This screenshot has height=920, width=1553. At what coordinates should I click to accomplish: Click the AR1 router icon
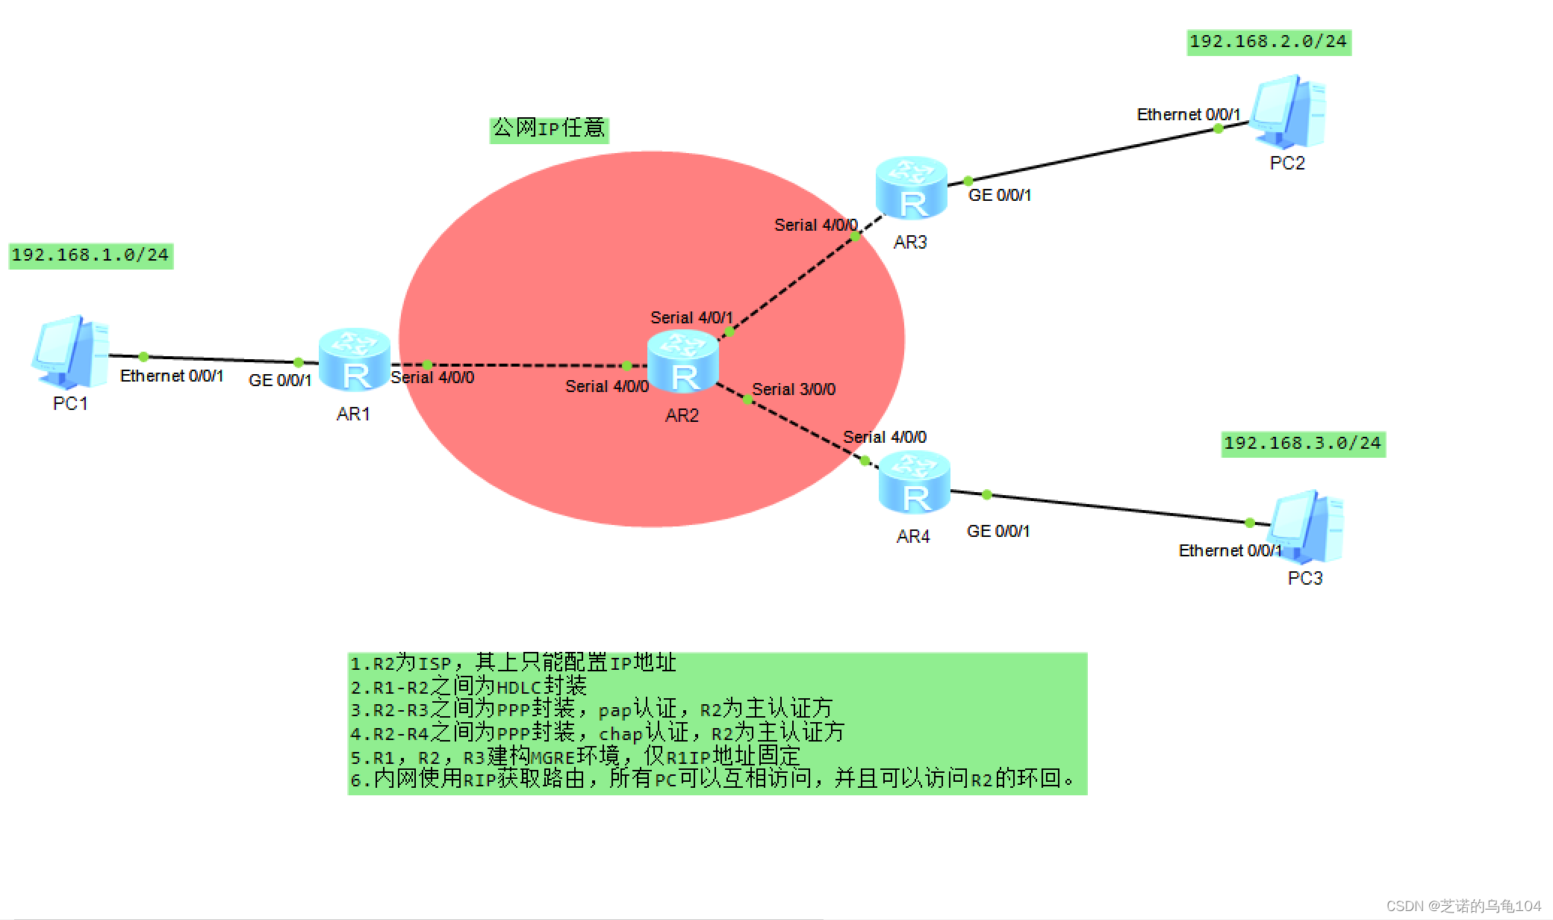click(355, 359)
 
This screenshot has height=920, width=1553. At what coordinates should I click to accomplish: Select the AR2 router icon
click(683, 362)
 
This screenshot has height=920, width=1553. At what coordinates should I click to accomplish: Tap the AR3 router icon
click(912, 187)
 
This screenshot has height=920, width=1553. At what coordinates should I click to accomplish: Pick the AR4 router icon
click(915, 482)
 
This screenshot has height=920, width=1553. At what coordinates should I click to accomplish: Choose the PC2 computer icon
click(1289, 112)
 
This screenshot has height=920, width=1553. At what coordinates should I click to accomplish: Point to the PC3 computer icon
click(1307, 526)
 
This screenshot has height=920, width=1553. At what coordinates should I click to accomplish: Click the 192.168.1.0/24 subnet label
click(90, 255)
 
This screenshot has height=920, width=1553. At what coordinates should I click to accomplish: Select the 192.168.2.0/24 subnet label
click(1269, 42)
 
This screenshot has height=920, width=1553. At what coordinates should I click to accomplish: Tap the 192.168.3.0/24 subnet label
click(1303, 444)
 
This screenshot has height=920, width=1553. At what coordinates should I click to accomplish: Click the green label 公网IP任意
click(549, 129)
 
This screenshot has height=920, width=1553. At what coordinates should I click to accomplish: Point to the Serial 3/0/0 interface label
click(794, 389)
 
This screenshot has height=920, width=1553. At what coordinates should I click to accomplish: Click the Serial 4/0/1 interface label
click(691, 317)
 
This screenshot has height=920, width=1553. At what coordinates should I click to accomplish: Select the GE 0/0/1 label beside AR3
click(1000, 195)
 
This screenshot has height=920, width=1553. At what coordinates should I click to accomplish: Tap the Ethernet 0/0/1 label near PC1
click(172, 376)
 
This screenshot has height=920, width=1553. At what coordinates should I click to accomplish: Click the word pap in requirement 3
click(614, 710)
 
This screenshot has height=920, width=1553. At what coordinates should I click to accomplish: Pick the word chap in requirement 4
click(620, 734)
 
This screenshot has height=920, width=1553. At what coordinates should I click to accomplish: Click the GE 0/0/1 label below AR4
click(998, 531)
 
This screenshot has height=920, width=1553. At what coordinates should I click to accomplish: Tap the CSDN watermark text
click(1463, 906)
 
